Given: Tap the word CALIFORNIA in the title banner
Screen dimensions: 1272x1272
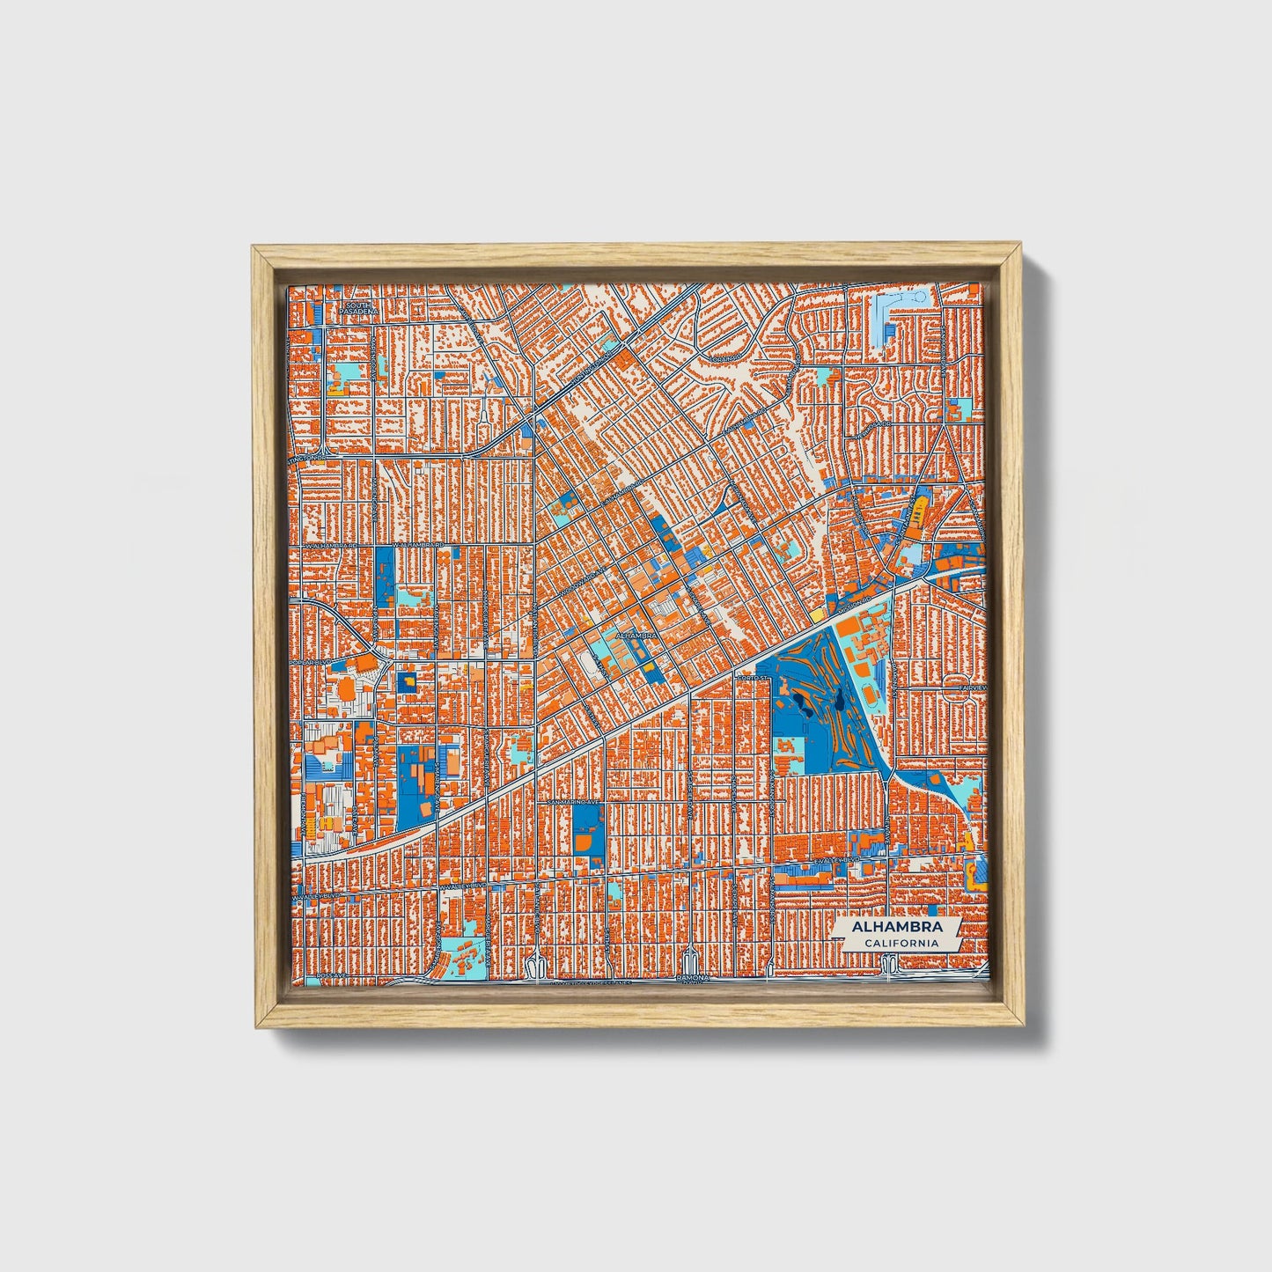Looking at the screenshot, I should pyautogui.click(x=900, y=944).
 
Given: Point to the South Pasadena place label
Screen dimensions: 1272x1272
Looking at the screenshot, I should pyautogui.click(x=360, y=308).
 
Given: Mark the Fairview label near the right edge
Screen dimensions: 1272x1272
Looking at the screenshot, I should pyautogui.click(x=972, y=687).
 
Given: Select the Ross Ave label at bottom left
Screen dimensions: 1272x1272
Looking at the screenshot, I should pyautogui.click(x=309, y=975).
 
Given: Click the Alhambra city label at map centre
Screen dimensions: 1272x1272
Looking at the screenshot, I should pyautogui.click(x=636, y=633).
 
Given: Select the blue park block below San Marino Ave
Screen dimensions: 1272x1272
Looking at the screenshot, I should pyautogui.click(x=585, y=831).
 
